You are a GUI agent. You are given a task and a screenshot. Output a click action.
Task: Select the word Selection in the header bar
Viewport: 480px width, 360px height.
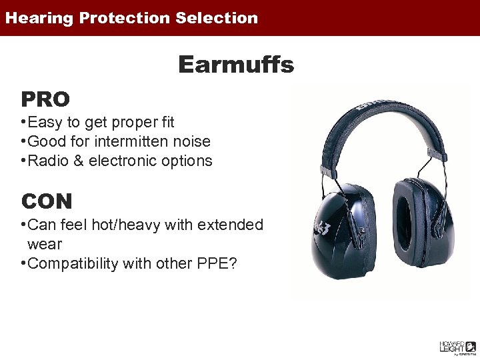click(217, 18)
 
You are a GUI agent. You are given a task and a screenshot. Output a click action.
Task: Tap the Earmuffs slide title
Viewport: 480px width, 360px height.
click(236, 65)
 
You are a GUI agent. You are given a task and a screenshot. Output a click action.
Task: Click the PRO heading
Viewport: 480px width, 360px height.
click(45, 99)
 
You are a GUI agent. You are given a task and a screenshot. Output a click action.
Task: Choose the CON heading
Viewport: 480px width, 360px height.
click(47, 201)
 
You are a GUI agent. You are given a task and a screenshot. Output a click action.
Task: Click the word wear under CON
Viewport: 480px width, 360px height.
click(44, 244)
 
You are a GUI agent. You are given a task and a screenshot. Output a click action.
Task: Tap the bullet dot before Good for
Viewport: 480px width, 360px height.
click(23, 141)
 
